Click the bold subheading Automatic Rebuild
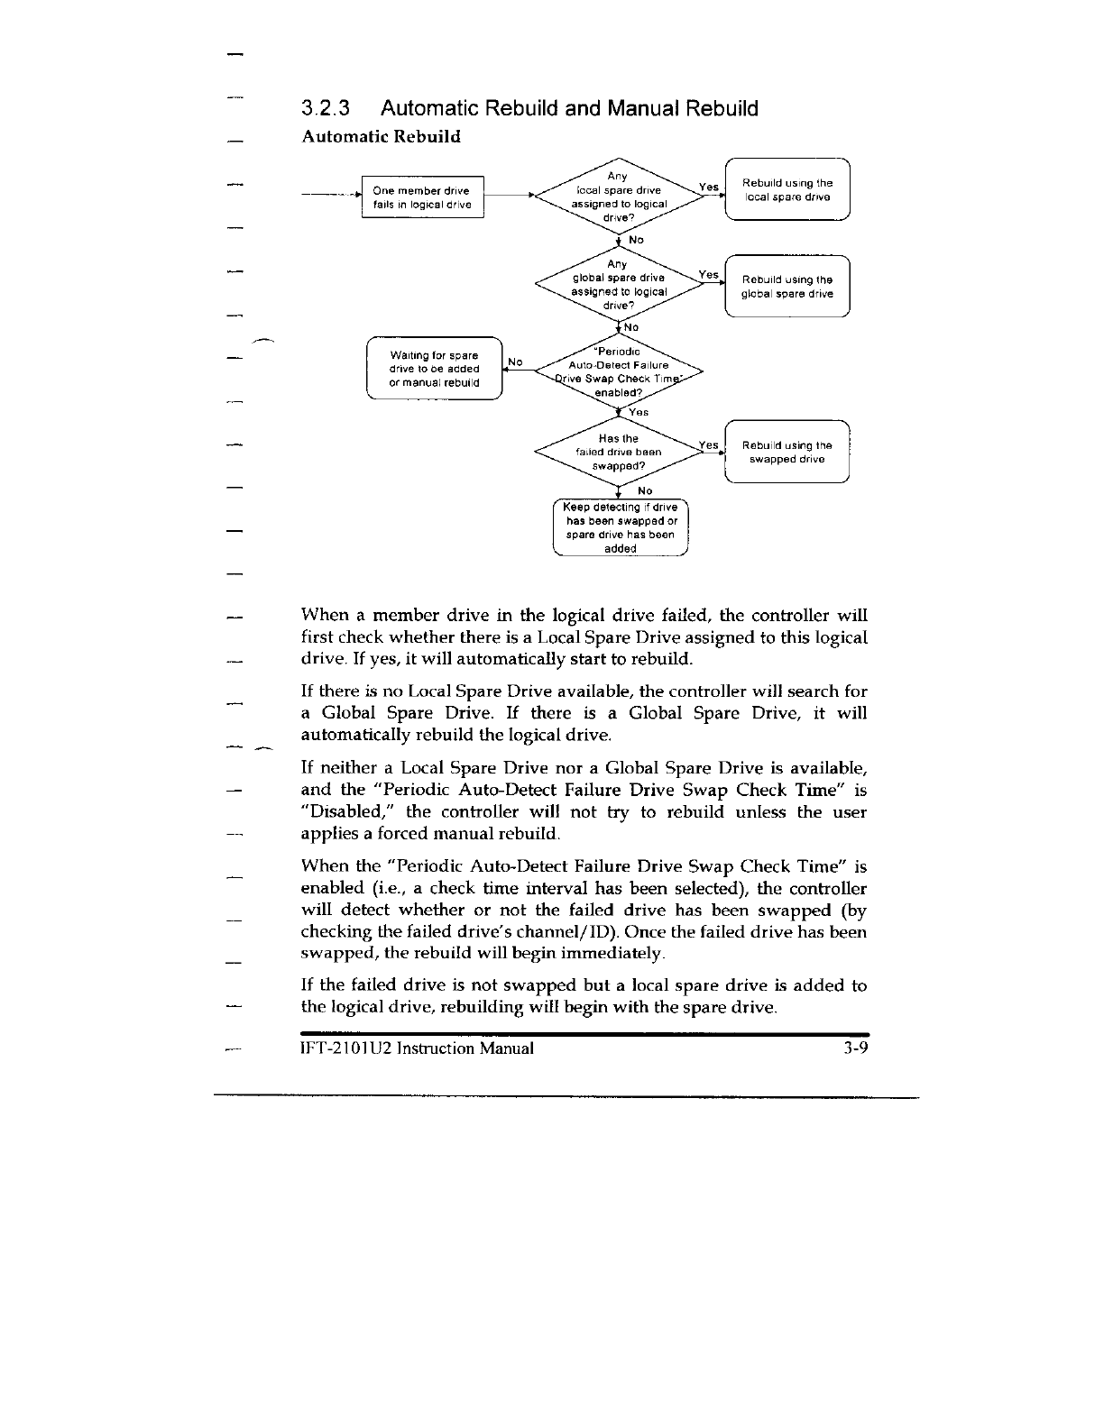381,136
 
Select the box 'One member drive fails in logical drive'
422,197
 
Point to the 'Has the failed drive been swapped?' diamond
618,452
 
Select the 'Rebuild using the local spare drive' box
787,190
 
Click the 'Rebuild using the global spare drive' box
787,287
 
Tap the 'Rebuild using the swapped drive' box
787,452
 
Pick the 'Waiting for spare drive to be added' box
434,368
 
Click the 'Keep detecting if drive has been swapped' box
621,527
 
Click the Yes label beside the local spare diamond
709,188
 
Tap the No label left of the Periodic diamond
515,362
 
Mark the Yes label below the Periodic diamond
639,412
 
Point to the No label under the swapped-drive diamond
645,490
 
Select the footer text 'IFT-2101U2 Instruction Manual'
417,1048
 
